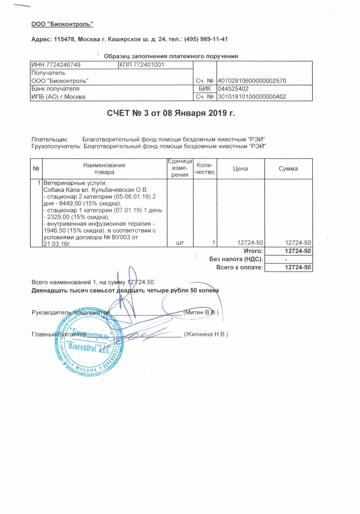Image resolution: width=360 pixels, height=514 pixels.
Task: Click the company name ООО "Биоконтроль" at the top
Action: tap(62, 24)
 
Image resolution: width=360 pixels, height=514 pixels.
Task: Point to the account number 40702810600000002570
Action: tap(252, 81)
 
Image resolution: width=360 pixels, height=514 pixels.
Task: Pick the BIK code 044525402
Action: tap(233, 89)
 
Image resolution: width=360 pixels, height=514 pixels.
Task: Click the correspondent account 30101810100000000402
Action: tap(252, 96)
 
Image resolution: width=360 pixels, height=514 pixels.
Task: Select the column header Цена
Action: tap(240, 169)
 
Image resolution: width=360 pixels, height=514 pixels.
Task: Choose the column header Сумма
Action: tap(288, 169)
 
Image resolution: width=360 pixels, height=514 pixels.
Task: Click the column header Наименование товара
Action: tap(104, 169)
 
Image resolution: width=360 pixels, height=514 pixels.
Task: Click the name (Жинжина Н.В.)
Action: tap(205, 334)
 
